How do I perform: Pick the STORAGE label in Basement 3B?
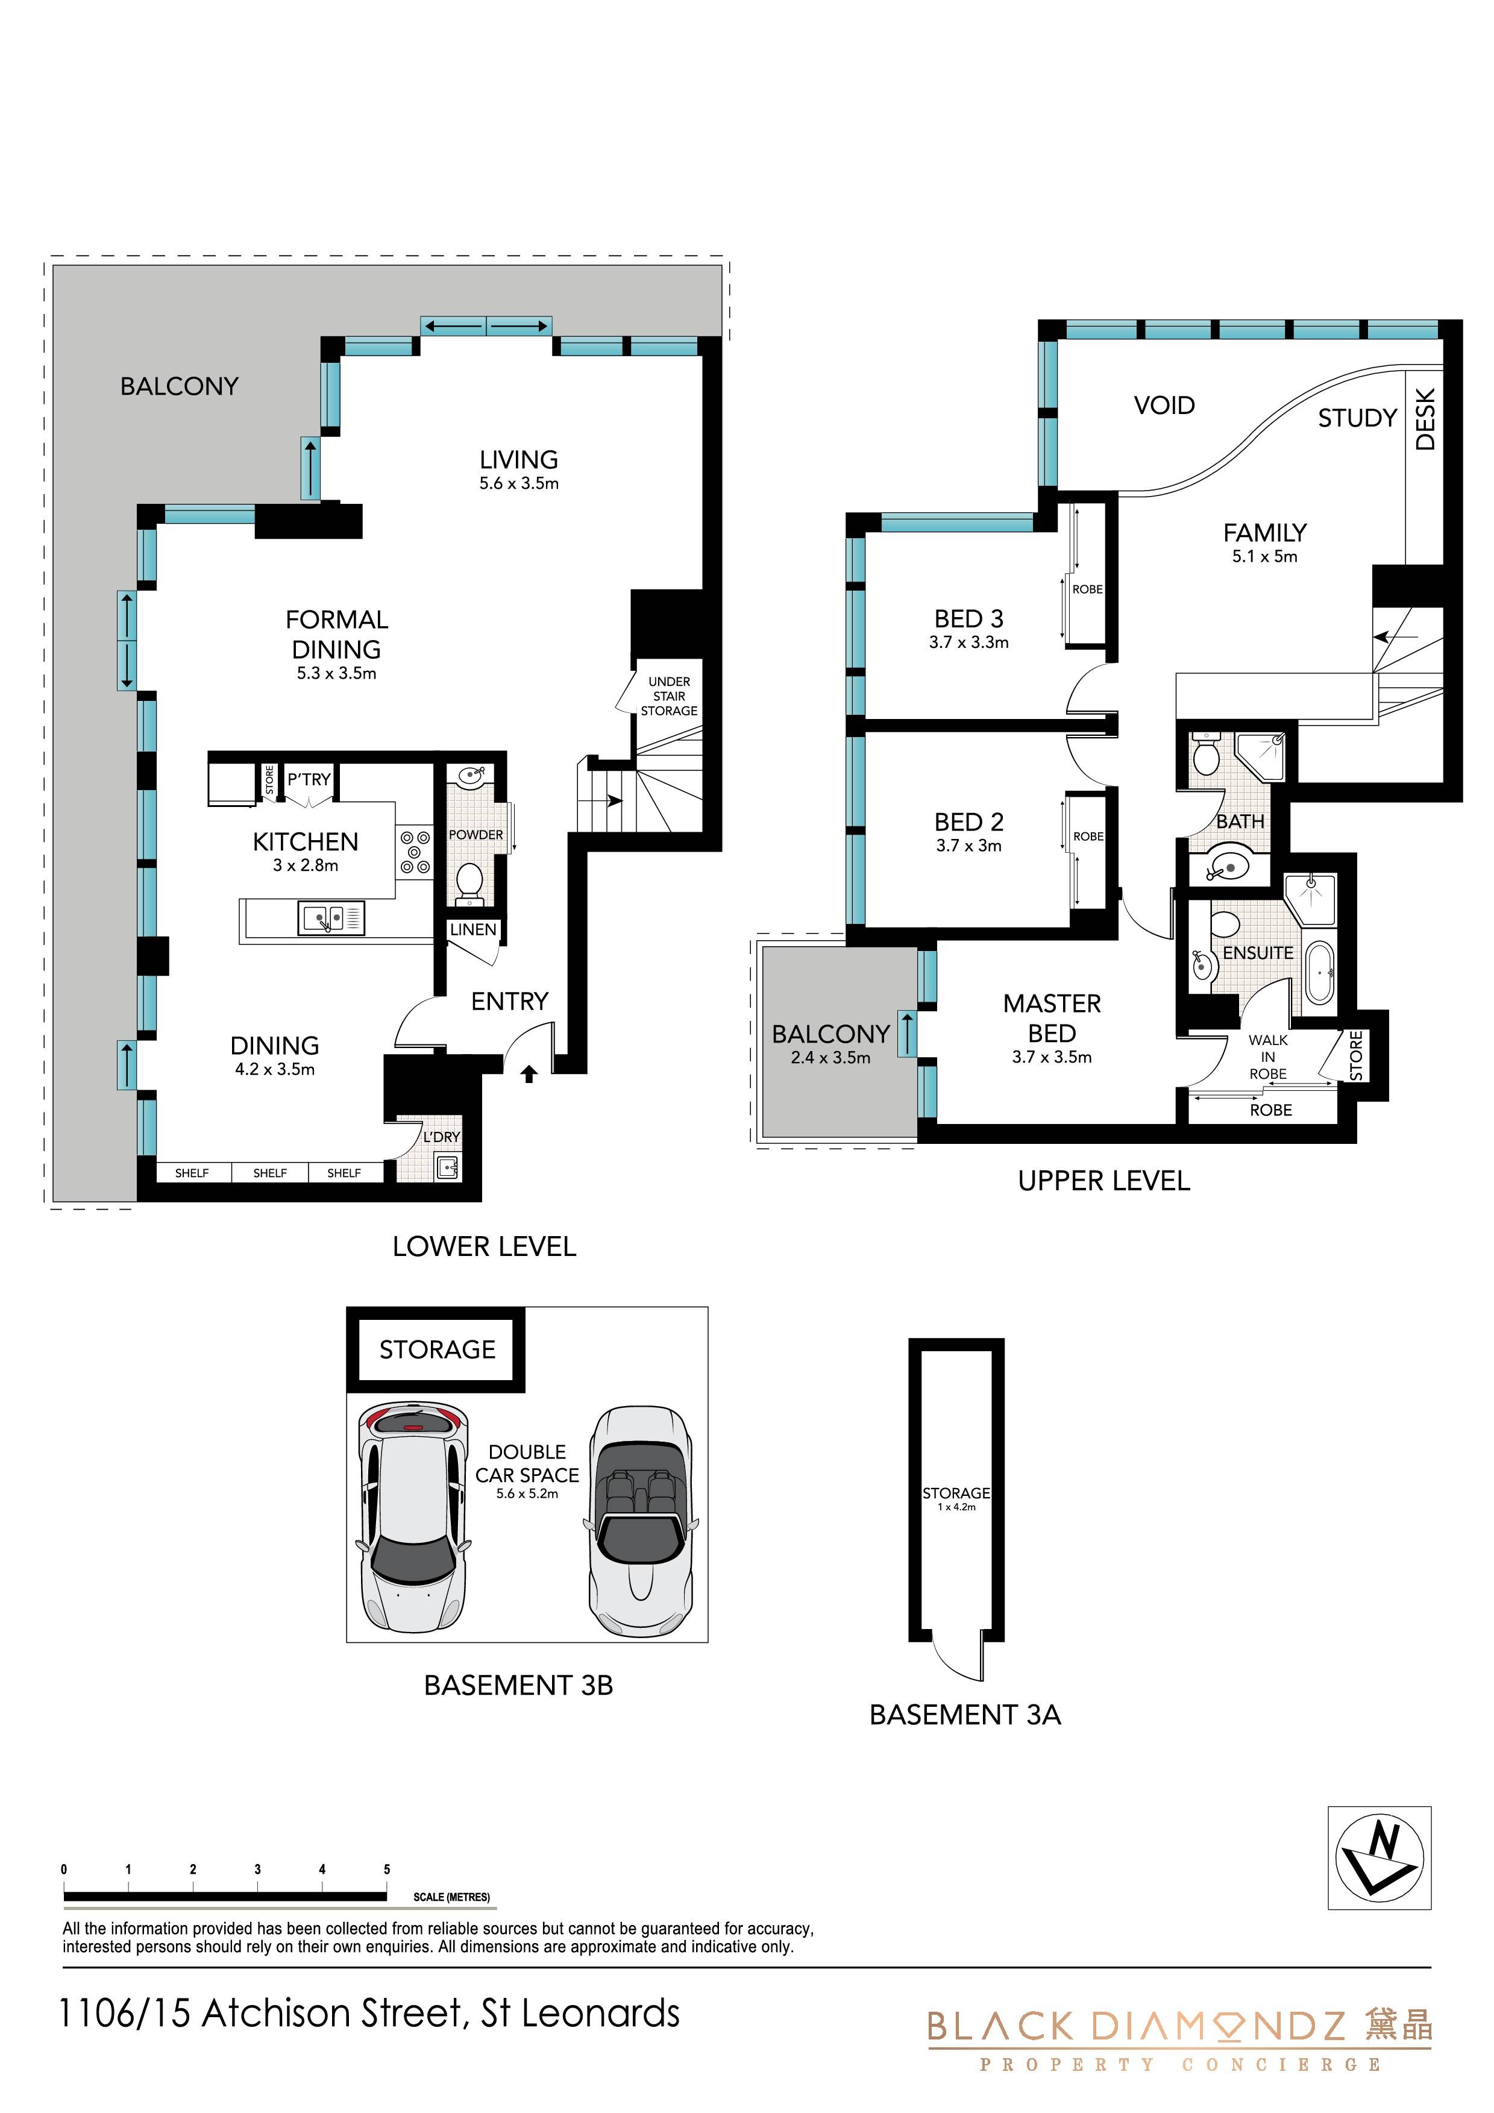click(x=438, y=1349)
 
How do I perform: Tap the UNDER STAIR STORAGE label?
click(x=669, y=695)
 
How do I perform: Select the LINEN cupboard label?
click(x=473, y=929)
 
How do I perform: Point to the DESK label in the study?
click(x=1424, y=419)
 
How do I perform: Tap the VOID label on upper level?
click(x=1164, y=405)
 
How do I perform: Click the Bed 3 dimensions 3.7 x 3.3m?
click(x=968, y=642)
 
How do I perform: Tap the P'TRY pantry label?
click(x=309, y=779)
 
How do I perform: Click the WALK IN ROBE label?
click(x=1267, y=1056)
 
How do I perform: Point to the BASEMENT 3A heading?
click(x=965, y=1715)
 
